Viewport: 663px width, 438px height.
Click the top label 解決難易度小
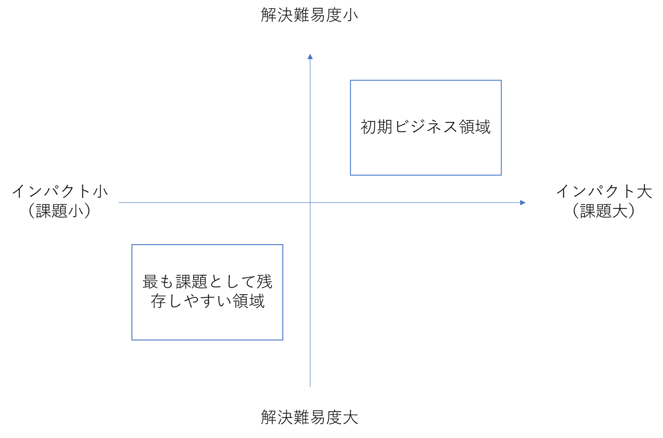tap(310, 15)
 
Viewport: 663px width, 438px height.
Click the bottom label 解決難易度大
tap(310, 418)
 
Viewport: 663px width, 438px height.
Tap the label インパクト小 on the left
tap(59, 191)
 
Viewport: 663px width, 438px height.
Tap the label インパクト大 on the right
tap(604, 191)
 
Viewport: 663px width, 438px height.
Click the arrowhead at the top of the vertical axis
tap(310, 56)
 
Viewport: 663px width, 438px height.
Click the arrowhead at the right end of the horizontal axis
tap(523, 202)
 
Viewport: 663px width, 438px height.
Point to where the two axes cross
tap(310, 202)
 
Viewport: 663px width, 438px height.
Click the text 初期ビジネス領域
tap(426, 127)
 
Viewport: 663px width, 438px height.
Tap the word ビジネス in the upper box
tap(426, 127)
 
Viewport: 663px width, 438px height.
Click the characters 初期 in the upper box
tap(377, 127)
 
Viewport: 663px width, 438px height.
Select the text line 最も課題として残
tap(207, 282)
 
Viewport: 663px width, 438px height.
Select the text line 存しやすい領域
tap(207, 301)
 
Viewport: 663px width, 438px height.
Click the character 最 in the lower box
tap(150, 282)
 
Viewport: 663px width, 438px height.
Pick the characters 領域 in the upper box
tap(475, 127)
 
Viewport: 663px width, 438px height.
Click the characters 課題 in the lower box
tap(191, 282)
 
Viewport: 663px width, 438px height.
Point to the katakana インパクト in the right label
tap(596, 191)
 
